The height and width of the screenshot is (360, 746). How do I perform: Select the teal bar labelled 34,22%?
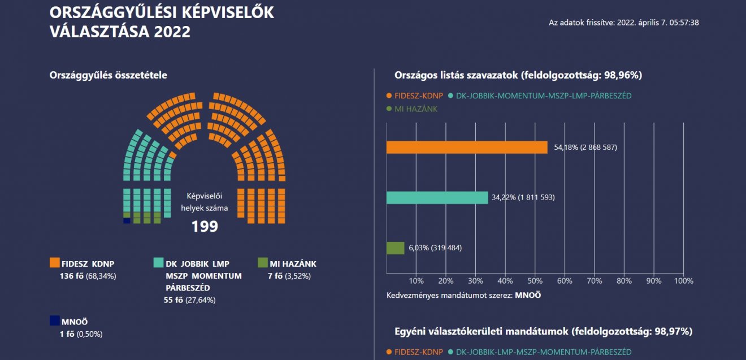pyautogui.click(x=437, y=198)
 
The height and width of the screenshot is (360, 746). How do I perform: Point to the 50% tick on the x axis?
pyautogui.click(x=535, y=280)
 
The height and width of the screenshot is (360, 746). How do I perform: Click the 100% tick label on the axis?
pyautogui.click(x=683, y=280)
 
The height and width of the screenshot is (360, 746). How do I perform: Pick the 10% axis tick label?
pyautogui.click(x=416, y=280)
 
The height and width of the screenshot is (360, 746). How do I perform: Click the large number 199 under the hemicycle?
pyautogui.click(x=205, y=227)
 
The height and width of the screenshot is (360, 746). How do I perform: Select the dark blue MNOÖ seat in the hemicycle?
pyautogui.click(x=127, y=221)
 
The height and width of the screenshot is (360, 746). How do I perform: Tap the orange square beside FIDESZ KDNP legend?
pyautogui.click(x=55, y=263)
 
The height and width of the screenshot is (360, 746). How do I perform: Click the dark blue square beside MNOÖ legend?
pyautogui.click(x=55, y=321)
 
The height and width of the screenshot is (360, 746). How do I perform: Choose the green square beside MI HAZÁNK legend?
pyautogui.click(x=262, y=263)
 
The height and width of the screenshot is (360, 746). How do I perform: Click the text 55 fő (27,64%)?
pyautogui.click(x=189, y=300)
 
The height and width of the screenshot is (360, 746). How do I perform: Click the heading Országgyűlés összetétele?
pyautogui.click(x=108, y=75)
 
